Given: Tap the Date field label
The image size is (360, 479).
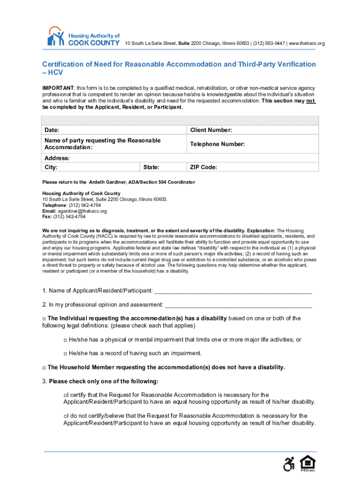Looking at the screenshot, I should point(51,130).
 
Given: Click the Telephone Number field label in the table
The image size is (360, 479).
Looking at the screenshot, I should point(216,144).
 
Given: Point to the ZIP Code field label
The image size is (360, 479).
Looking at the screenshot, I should point(203,167).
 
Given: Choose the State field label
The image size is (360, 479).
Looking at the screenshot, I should point(151,167).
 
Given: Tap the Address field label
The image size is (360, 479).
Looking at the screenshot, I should point(57,158).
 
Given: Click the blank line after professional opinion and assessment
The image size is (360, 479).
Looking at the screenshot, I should point(238,305).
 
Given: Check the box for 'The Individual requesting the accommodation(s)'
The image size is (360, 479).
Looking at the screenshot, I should point(44,319).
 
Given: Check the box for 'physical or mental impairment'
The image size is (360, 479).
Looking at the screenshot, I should point(65,340).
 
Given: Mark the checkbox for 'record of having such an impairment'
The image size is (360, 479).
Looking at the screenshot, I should point(65,354).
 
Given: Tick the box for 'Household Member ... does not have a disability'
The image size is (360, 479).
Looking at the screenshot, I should point(44,368).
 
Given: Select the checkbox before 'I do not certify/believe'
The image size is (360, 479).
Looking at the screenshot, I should point(65,416).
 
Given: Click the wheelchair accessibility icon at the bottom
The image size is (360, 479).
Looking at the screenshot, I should point(289,464).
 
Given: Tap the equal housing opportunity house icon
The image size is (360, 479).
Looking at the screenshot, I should point(307,464).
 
